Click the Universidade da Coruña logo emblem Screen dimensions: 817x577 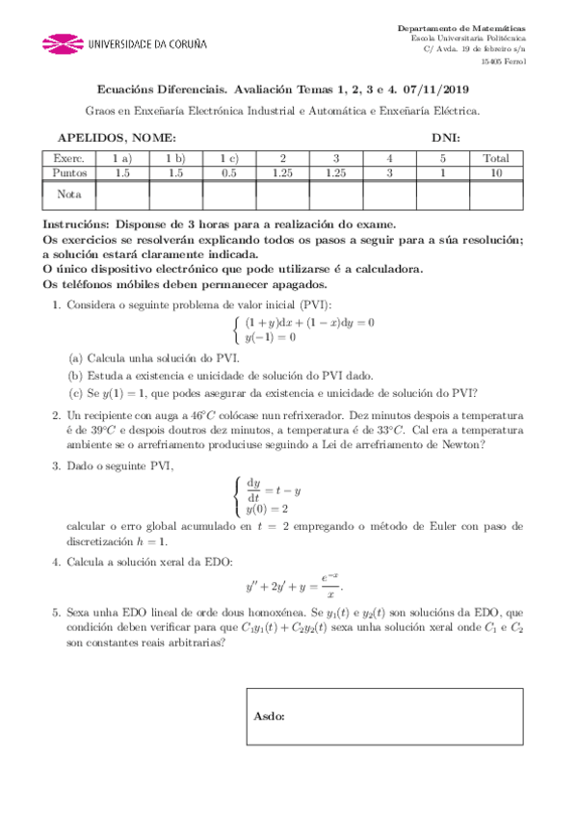(63, 43)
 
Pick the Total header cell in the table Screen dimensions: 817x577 (496, 158)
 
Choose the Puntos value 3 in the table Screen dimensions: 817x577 (389, 172)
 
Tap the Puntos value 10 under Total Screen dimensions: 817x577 (496, 172)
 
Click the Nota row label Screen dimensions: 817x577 (69, 195)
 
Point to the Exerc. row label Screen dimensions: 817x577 (69, 158)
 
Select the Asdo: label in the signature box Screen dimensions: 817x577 (270, 717)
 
